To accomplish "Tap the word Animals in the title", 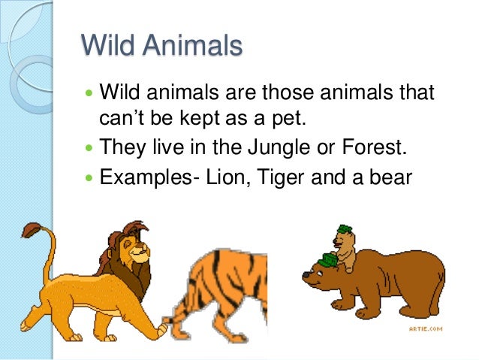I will click(194, 46).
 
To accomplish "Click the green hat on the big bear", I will click(328, 259).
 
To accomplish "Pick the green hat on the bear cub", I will click(345, 229).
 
